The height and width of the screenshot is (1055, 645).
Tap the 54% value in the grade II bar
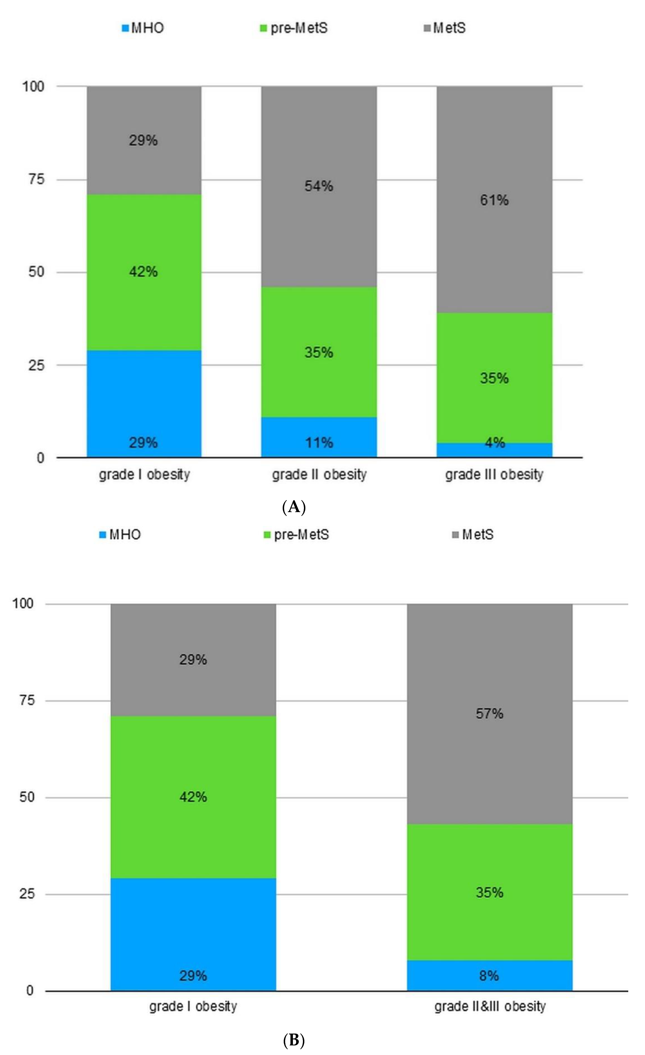click(x=319, y=186)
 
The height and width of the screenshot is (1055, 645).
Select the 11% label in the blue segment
click(x=319, y=442)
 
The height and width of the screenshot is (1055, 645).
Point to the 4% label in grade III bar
click(x=494, y=442)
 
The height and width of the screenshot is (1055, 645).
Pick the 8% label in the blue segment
click(x=489, y=976)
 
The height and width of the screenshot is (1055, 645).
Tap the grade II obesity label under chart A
click(x=319, y=474)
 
